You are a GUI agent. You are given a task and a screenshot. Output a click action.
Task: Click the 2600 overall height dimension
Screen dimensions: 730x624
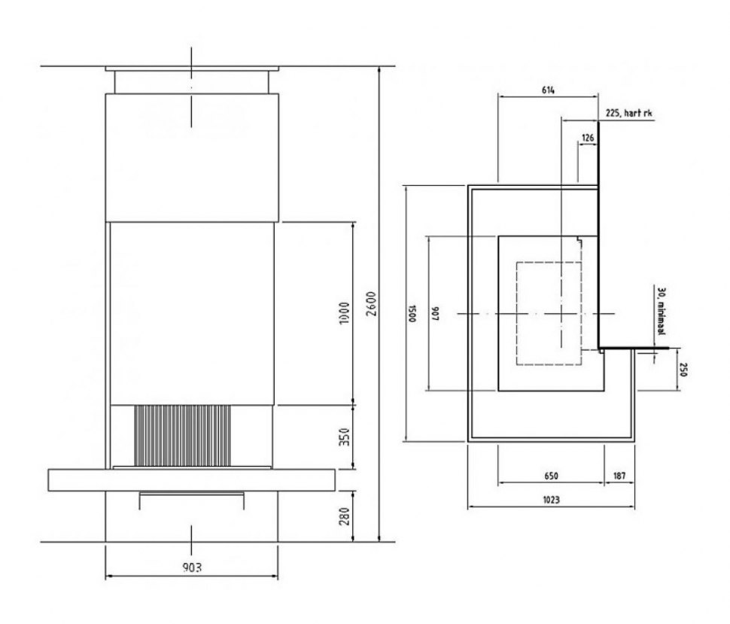371,304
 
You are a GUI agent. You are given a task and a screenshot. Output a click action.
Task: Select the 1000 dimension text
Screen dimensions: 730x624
345,313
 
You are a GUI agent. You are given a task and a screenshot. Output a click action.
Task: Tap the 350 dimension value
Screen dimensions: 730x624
345,437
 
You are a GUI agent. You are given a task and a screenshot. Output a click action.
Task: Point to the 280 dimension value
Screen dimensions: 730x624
345,516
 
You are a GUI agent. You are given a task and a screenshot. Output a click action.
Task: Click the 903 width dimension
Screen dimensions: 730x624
192,568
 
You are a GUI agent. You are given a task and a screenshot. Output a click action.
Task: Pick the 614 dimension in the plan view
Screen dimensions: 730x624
548,90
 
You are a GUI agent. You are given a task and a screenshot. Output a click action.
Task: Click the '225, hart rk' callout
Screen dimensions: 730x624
628,113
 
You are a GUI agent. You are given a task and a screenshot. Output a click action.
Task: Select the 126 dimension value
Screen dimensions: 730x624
588,138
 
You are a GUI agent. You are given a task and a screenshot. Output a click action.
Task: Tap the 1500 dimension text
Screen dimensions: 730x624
412,313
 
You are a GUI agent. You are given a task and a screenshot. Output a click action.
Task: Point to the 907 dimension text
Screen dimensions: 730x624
435,313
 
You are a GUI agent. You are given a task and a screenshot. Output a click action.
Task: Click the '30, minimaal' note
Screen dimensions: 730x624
661,311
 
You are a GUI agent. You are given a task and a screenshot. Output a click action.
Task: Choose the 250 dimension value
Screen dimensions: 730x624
683,370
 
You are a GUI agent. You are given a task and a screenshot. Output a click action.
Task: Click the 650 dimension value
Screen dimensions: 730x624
551,476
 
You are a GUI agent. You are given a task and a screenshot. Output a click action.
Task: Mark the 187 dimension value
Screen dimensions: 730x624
619,476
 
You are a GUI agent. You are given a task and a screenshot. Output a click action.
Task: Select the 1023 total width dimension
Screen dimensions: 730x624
551,500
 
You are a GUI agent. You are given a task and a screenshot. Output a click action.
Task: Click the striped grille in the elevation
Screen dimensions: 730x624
182,435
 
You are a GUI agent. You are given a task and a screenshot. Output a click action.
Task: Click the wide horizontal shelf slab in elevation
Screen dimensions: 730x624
191,480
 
